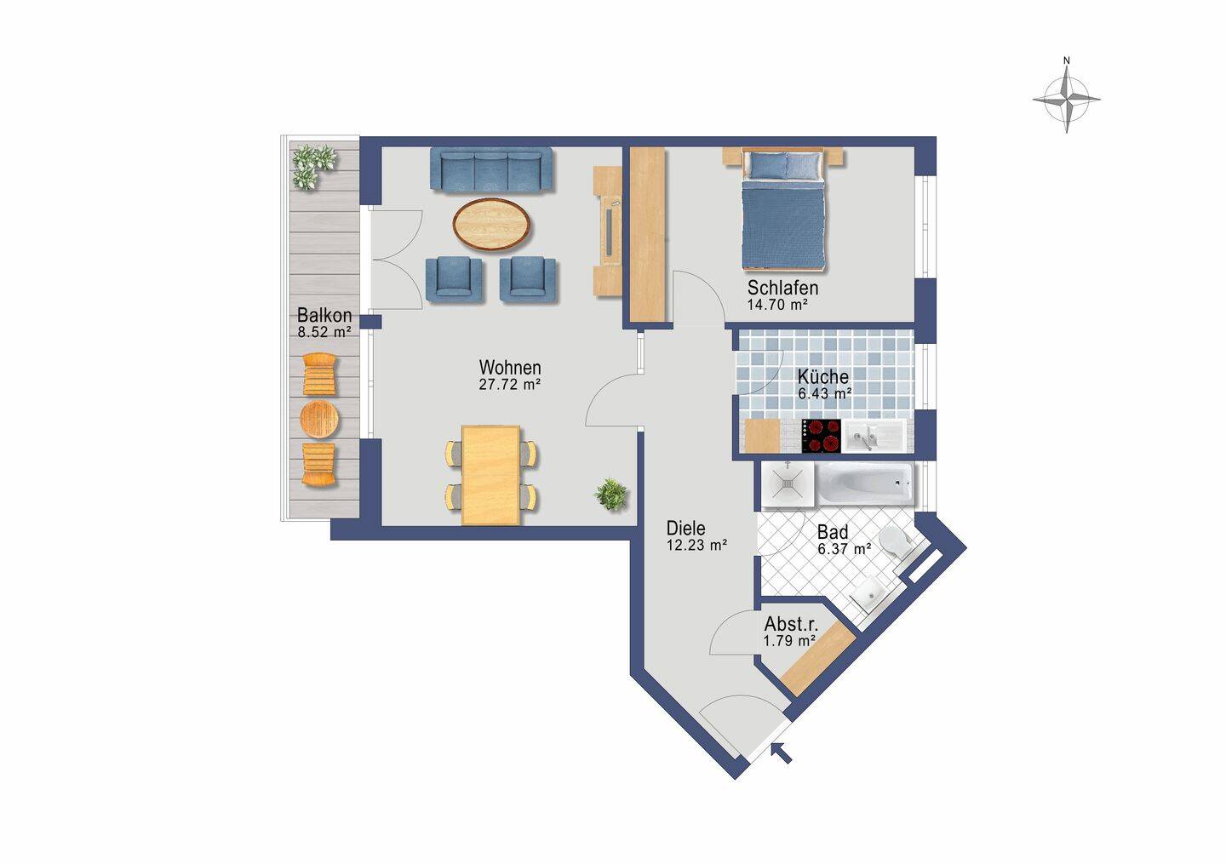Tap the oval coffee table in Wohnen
pos(492,225)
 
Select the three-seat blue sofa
pos(491,169)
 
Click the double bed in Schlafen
pos(783,209)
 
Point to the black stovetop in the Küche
pos(822,436)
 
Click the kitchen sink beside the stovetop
pos(874,436)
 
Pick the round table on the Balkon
pos(319,419)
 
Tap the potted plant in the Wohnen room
pos(610,495)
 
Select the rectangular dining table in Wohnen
pos(491,475)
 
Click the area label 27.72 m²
pos(510,384)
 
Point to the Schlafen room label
pos(782,288)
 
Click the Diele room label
pos(686,528)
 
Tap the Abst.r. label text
pos(791,624)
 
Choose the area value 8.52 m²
pos(324,332)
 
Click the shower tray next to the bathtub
pos(787,483)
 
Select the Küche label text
pos(822,376)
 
